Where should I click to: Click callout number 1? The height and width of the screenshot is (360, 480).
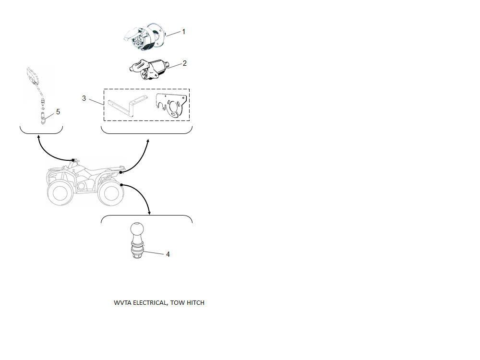pos(184,32)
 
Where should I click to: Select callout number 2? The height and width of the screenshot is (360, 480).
pos(185,63)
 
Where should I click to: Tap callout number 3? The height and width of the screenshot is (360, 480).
pos(84,98)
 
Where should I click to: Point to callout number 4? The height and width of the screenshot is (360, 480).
pos(168,254)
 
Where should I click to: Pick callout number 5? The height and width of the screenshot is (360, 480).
pos(58,112)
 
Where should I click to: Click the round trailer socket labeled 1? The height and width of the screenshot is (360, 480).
pos(144,36)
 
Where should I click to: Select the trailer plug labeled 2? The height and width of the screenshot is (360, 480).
pos(149,70)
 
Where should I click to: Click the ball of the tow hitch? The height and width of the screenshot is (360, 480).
pos(137,229)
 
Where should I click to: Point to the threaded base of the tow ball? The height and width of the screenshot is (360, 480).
pos(137,251)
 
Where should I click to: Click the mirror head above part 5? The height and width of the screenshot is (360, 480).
pos(32,76)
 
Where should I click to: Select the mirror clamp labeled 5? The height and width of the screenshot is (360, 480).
pos(43,118)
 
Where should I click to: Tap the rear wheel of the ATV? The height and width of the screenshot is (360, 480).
pos(111,193)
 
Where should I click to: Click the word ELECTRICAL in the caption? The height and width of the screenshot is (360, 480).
pos(150,303)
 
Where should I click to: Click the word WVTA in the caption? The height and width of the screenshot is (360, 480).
pos(122,303)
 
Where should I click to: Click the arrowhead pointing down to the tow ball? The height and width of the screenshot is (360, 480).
pos(149,213)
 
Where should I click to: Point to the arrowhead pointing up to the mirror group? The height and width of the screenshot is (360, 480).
pos(38,137)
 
